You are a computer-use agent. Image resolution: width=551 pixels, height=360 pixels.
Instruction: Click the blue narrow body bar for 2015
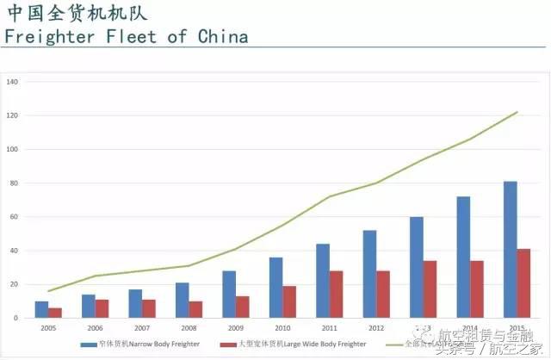click(x=511, y=250)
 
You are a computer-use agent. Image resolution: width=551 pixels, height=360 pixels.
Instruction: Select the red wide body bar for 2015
click(x=524, y=284)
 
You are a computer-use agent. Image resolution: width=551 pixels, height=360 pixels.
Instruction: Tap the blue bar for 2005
click(x=41, y=310)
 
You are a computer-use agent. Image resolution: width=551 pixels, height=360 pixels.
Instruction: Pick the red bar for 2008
click(x=196, y=310)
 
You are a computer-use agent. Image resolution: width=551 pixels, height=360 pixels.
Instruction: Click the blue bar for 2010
click(x=276, y=288)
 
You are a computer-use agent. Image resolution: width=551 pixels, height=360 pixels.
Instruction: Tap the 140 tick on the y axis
click(x=12, y=82)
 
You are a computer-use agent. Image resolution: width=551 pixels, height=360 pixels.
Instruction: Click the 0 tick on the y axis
click(x=15, y=319)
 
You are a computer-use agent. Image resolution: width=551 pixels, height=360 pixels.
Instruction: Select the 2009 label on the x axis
click(x=235, y=327)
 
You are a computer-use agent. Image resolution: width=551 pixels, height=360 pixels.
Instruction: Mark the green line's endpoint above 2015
click(x=517, y=112)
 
